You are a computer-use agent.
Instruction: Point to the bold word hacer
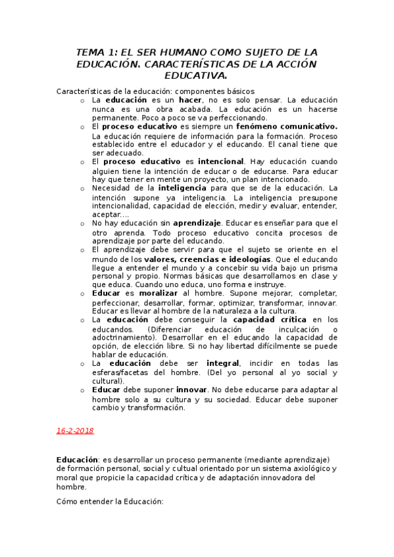[x=191, y=99]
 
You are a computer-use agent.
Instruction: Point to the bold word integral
[x=223, y=363]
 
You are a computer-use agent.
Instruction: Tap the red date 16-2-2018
[x=76, y=430]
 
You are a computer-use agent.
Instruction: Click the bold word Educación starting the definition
[x=78, y=460]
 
